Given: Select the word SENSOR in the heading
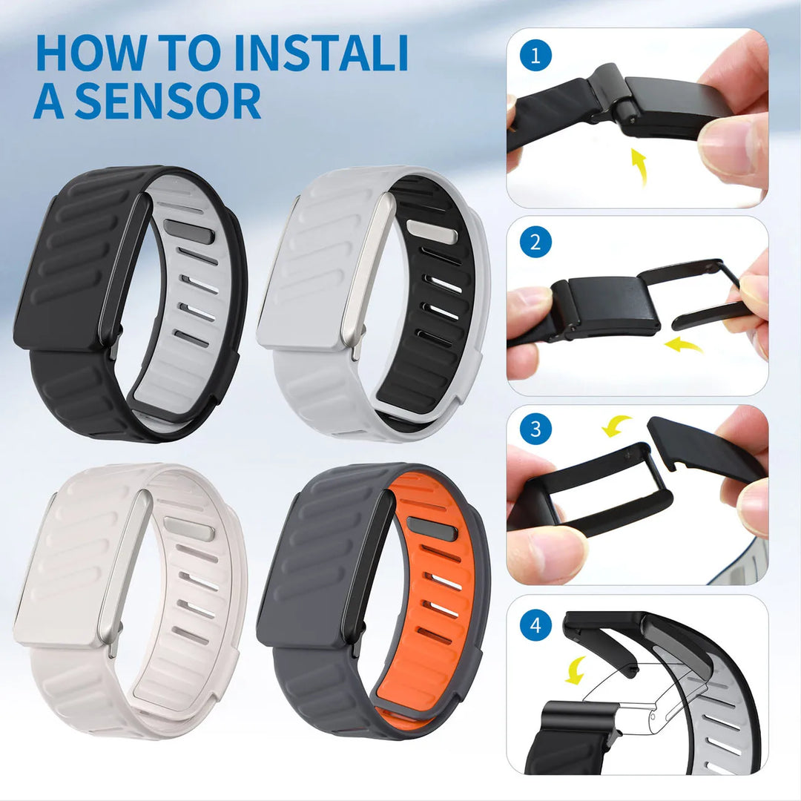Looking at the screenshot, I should (x=168, y=101).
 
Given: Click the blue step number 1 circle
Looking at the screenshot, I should (x=535, y=56).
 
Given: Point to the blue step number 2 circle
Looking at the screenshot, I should (x=535, y=243).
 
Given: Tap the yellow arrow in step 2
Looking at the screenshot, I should (x=684, y=343).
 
